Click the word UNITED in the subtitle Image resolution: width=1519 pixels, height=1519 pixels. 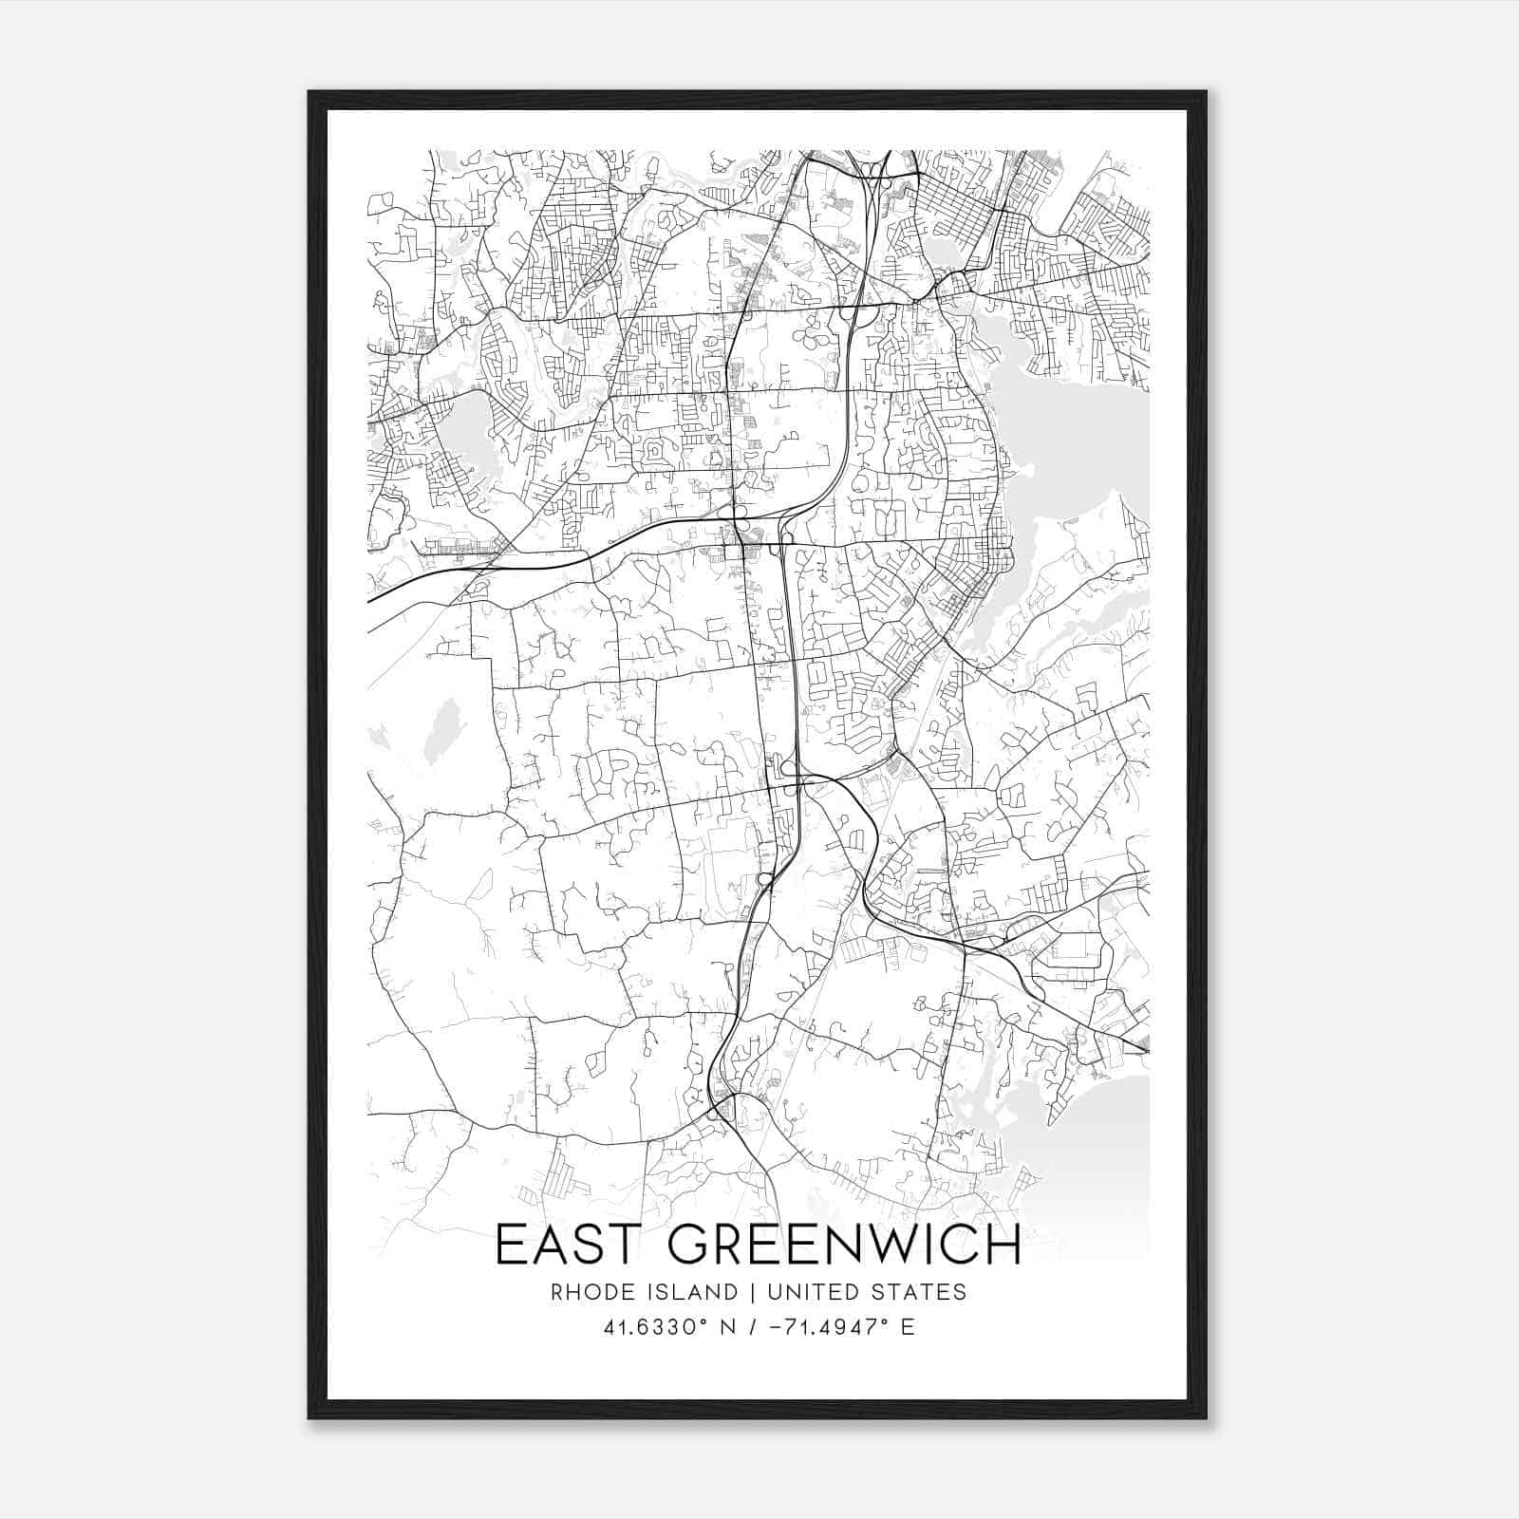point(810,1292)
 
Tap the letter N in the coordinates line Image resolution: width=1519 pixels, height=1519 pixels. point(730,1327)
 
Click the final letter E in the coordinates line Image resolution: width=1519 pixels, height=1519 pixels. point(909,1327)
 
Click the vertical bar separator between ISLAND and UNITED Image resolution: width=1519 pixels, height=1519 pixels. point(752,1292)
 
